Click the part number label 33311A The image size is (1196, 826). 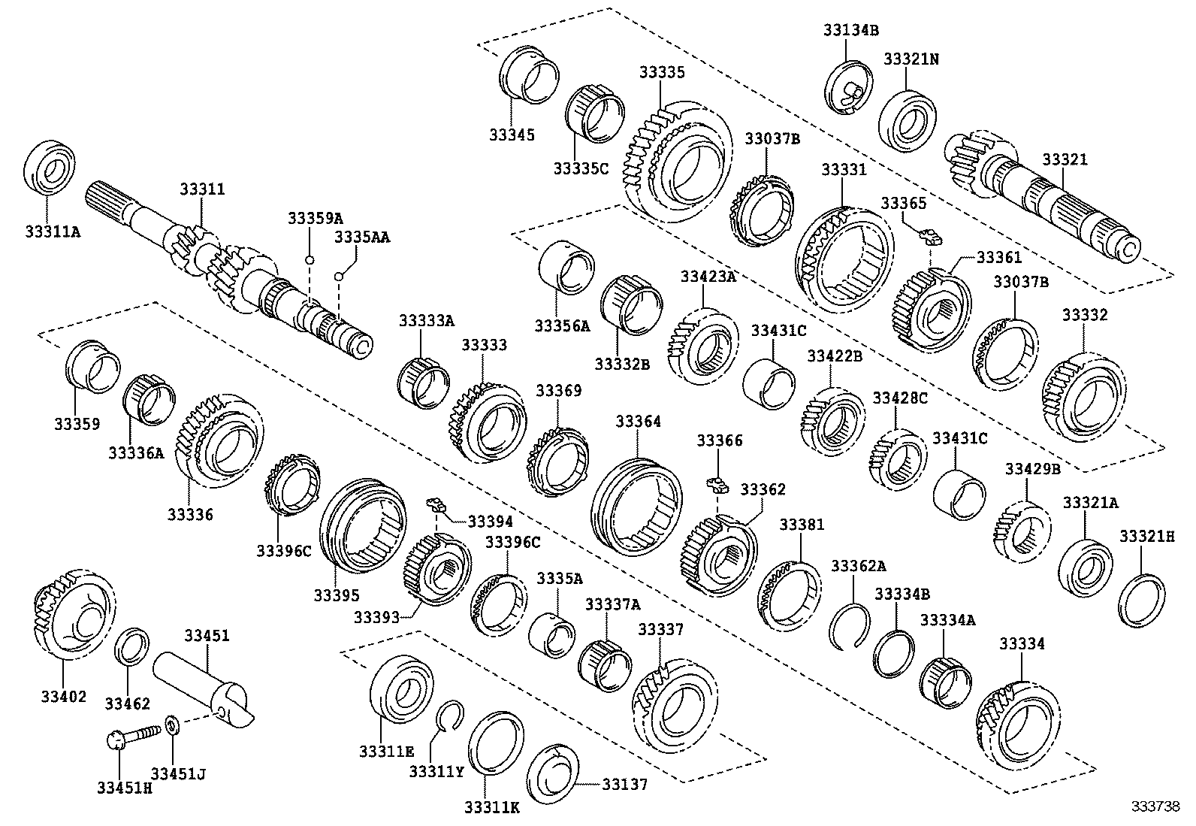coord(53,232)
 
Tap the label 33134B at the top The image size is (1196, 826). coord(850,30)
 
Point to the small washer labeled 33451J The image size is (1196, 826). coord(173,727)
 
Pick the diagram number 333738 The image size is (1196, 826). coord(1155,806)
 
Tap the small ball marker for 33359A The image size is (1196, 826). coord(309,260)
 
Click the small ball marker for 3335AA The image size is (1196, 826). coord(338,277)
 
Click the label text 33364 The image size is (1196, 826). coord(638,422)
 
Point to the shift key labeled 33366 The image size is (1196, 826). coord(717,483)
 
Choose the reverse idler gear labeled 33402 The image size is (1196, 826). coord(74,614)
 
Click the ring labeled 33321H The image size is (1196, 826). coord(1142,600)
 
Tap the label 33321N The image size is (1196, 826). coord(911,59)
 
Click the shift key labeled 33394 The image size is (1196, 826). coord(436,504)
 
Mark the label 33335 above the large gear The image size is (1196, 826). coord(662,72)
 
